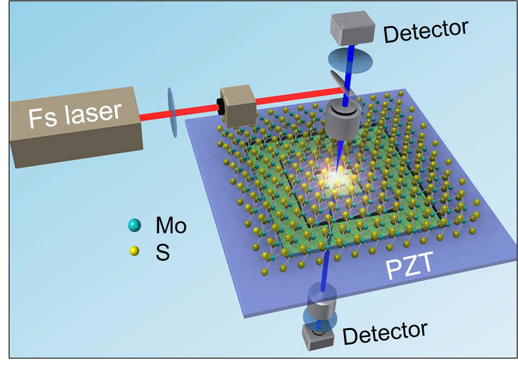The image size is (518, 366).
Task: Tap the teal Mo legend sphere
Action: click(x=134, y=226)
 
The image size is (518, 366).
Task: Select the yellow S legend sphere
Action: click(x=134, y=251)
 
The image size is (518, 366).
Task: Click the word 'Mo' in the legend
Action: click(x=171, y=226)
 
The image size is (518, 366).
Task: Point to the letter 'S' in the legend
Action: click(x=162, y=252)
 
